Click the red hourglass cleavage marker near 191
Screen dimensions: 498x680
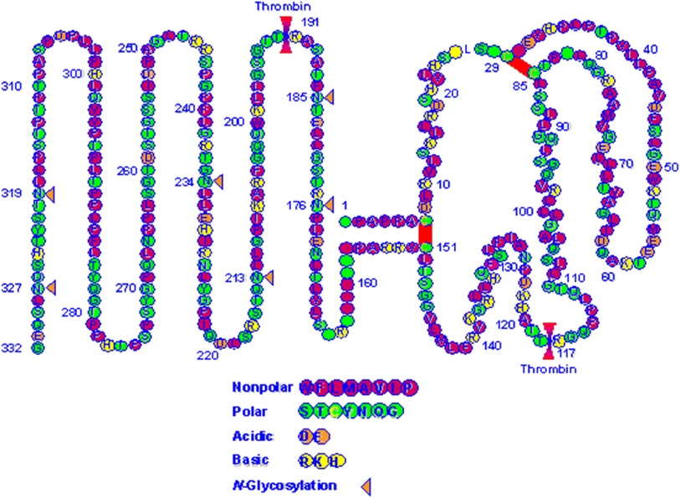pos(286,35)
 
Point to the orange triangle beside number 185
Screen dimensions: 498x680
pos(330,97)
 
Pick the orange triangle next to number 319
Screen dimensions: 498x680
pos(49,194)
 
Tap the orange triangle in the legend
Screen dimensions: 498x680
pos(366,485)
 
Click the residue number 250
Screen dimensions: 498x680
pos(127,49)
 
